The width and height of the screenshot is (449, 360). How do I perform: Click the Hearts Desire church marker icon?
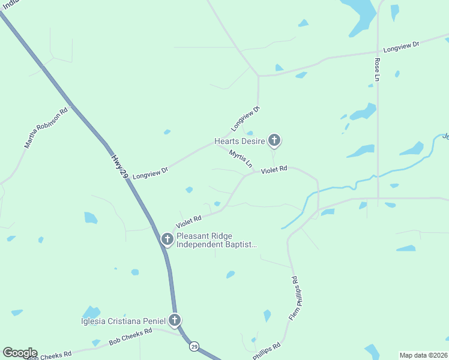pos(274,141)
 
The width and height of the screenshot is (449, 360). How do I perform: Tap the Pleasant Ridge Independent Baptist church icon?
pos(167,240)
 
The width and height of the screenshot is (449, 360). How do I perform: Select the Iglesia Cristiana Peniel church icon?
pos(175,320)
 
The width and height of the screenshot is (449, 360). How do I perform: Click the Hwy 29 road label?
pos(120,166)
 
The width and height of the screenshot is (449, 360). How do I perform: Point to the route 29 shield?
pos(194,346)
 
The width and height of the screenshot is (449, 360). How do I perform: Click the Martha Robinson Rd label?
pos(46,128)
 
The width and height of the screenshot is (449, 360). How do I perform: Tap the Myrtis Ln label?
pos(241,158)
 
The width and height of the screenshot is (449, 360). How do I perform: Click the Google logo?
pos(20,353)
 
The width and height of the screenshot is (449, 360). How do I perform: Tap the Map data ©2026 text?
pos(423,355)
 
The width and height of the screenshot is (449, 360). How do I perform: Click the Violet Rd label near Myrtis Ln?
pos(274,170)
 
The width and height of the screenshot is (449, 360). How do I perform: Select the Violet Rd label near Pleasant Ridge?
pos(189,221)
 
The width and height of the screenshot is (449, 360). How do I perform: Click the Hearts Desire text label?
pos(240,142)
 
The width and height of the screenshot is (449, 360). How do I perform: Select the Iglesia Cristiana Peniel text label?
pos(124,320)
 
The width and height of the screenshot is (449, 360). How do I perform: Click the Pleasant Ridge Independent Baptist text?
pos(216,240)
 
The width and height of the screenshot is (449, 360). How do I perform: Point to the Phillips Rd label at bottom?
pos(267,350)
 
